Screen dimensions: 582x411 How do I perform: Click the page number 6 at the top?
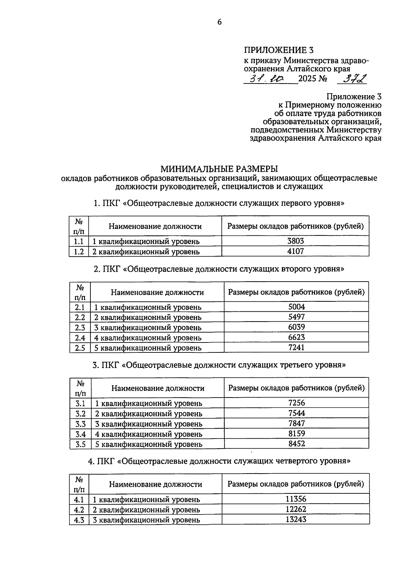click(219, 22)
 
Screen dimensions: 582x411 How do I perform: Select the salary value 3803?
click(296, 241)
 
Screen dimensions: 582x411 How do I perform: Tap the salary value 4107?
click(296, 251)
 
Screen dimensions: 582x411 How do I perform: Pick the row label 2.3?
click(80, 327)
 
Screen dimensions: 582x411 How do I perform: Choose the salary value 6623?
click(296, 337)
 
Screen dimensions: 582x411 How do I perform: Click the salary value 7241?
click(296, 348)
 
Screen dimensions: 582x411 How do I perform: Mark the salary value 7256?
click(297, 403)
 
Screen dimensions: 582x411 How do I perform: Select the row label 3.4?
click(80, 434)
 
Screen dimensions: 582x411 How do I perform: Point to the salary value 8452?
click(297, 444)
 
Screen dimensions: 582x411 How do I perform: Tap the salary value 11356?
click(296, 499)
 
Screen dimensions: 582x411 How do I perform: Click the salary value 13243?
click(296, 519)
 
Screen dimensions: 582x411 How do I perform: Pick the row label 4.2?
click(79, 509)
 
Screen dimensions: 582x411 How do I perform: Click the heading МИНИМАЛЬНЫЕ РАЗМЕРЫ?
click(219, 169)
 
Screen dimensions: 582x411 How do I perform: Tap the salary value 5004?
click(296, 307)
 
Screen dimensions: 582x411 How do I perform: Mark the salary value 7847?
click(297, 423)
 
